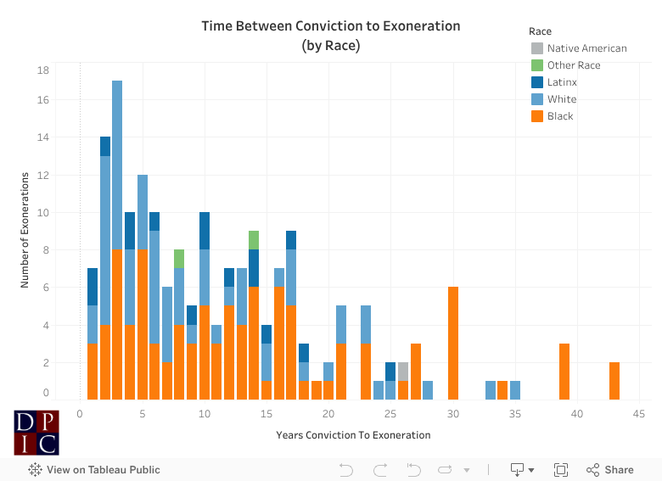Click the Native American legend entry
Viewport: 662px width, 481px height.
point(586,48)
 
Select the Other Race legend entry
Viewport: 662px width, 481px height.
point(574,65)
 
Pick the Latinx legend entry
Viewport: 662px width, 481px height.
point(561,82)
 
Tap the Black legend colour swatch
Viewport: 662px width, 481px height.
point(537,116)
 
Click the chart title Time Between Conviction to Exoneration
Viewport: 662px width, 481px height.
point(331,26)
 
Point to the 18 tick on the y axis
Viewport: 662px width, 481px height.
point(43,70)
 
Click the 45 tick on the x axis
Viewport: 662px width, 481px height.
point(639,414)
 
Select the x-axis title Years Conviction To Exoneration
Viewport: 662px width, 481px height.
point(353,435)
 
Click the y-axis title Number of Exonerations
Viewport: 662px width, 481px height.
point(26,230)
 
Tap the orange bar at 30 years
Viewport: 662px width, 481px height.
point(453,344)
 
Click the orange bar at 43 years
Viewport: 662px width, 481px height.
point(614,381)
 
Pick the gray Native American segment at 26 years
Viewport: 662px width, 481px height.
point(403,372)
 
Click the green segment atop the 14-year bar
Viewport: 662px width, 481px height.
point(254,240)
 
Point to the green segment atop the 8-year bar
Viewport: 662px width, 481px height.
point(179,259)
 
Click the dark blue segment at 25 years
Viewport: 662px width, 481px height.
point(390,372)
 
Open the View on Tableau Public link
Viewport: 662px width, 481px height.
point(94,470)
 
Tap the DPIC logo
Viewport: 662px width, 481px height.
point(36,433)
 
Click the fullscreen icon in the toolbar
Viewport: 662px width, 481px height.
point(560,470)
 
